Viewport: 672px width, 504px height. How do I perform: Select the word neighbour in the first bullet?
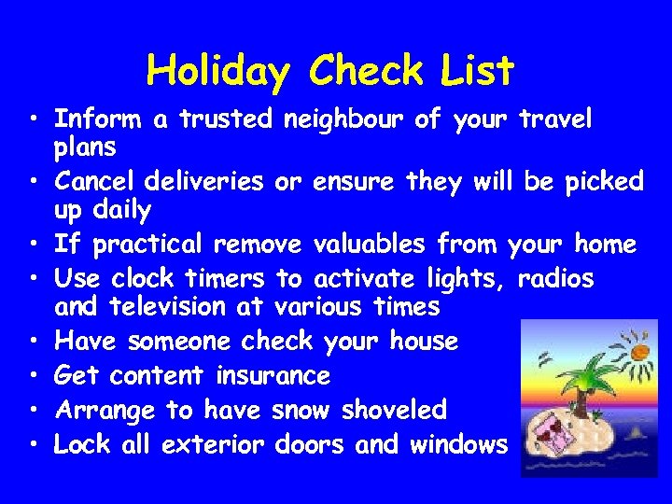point(347,119)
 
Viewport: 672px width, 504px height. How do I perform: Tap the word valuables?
point(367,245)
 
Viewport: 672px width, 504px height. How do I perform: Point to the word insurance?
point(273,376)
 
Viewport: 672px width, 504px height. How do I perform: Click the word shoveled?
point(394,410)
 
